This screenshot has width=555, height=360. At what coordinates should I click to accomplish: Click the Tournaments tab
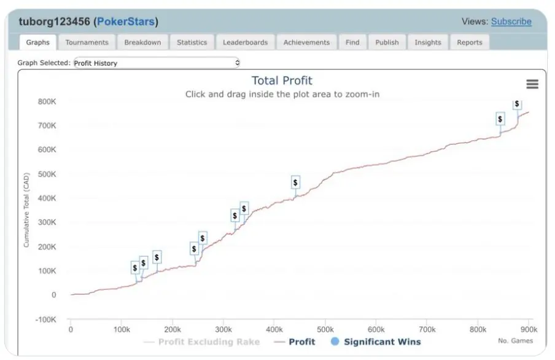click(x=87, y=42)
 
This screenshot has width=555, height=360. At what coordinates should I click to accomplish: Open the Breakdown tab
click(x=142, y=42)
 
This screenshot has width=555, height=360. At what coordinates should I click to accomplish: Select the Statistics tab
click(x=192, y=42)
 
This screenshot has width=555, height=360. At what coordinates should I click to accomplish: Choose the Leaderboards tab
click(x=245, y=42)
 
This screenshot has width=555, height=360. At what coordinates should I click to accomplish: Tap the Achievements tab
click(x=306, y=42)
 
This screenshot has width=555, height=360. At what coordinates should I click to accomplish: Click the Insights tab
click(x=427, y=42)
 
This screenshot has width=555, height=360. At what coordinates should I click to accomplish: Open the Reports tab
click(x=469, y=42)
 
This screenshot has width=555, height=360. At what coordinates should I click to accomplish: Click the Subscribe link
click(x=511, y=22)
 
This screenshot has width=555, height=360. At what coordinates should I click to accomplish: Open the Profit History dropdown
click(x=156, y=63)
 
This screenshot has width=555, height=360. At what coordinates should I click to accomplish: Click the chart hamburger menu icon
click(x=532, y=84)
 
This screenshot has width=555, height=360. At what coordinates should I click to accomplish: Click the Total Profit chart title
click(x=282, y=80)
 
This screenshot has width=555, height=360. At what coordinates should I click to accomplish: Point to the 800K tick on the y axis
click(x=47, y=101)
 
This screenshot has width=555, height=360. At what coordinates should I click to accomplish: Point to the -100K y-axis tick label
click(x=45, y=319)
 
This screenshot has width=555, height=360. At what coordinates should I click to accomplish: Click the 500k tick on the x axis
click(x=325, y=330)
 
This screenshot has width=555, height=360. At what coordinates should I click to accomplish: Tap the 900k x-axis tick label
click(x=529, y=330)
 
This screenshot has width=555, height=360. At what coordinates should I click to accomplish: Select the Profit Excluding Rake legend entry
click(x=209, y=342)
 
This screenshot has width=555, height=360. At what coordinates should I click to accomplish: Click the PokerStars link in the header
click(x=125, y=22)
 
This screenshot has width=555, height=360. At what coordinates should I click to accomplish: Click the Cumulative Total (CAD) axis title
click(x=26, y=209)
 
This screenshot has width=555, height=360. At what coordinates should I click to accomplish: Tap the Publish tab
click(x=387, y=42)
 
